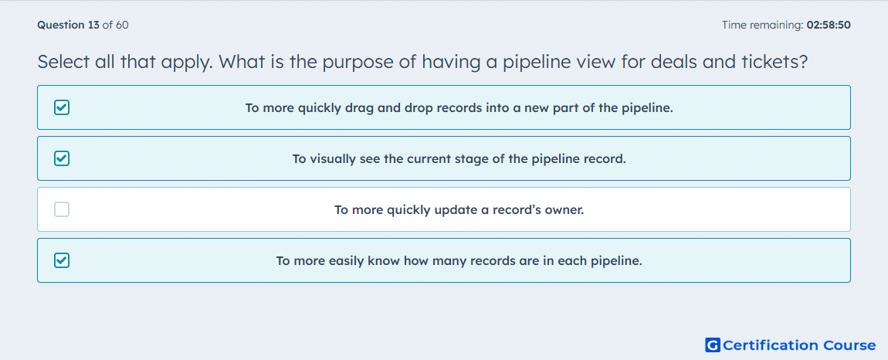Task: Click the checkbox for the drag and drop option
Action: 62,107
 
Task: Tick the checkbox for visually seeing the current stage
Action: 62,158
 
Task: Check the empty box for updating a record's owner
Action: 62,210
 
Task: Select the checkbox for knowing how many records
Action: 62,260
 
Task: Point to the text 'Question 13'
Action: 68,25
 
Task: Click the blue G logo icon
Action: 713,345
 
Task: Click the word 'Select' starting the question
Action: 63,61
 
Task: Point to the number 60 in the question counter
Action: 122,25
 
